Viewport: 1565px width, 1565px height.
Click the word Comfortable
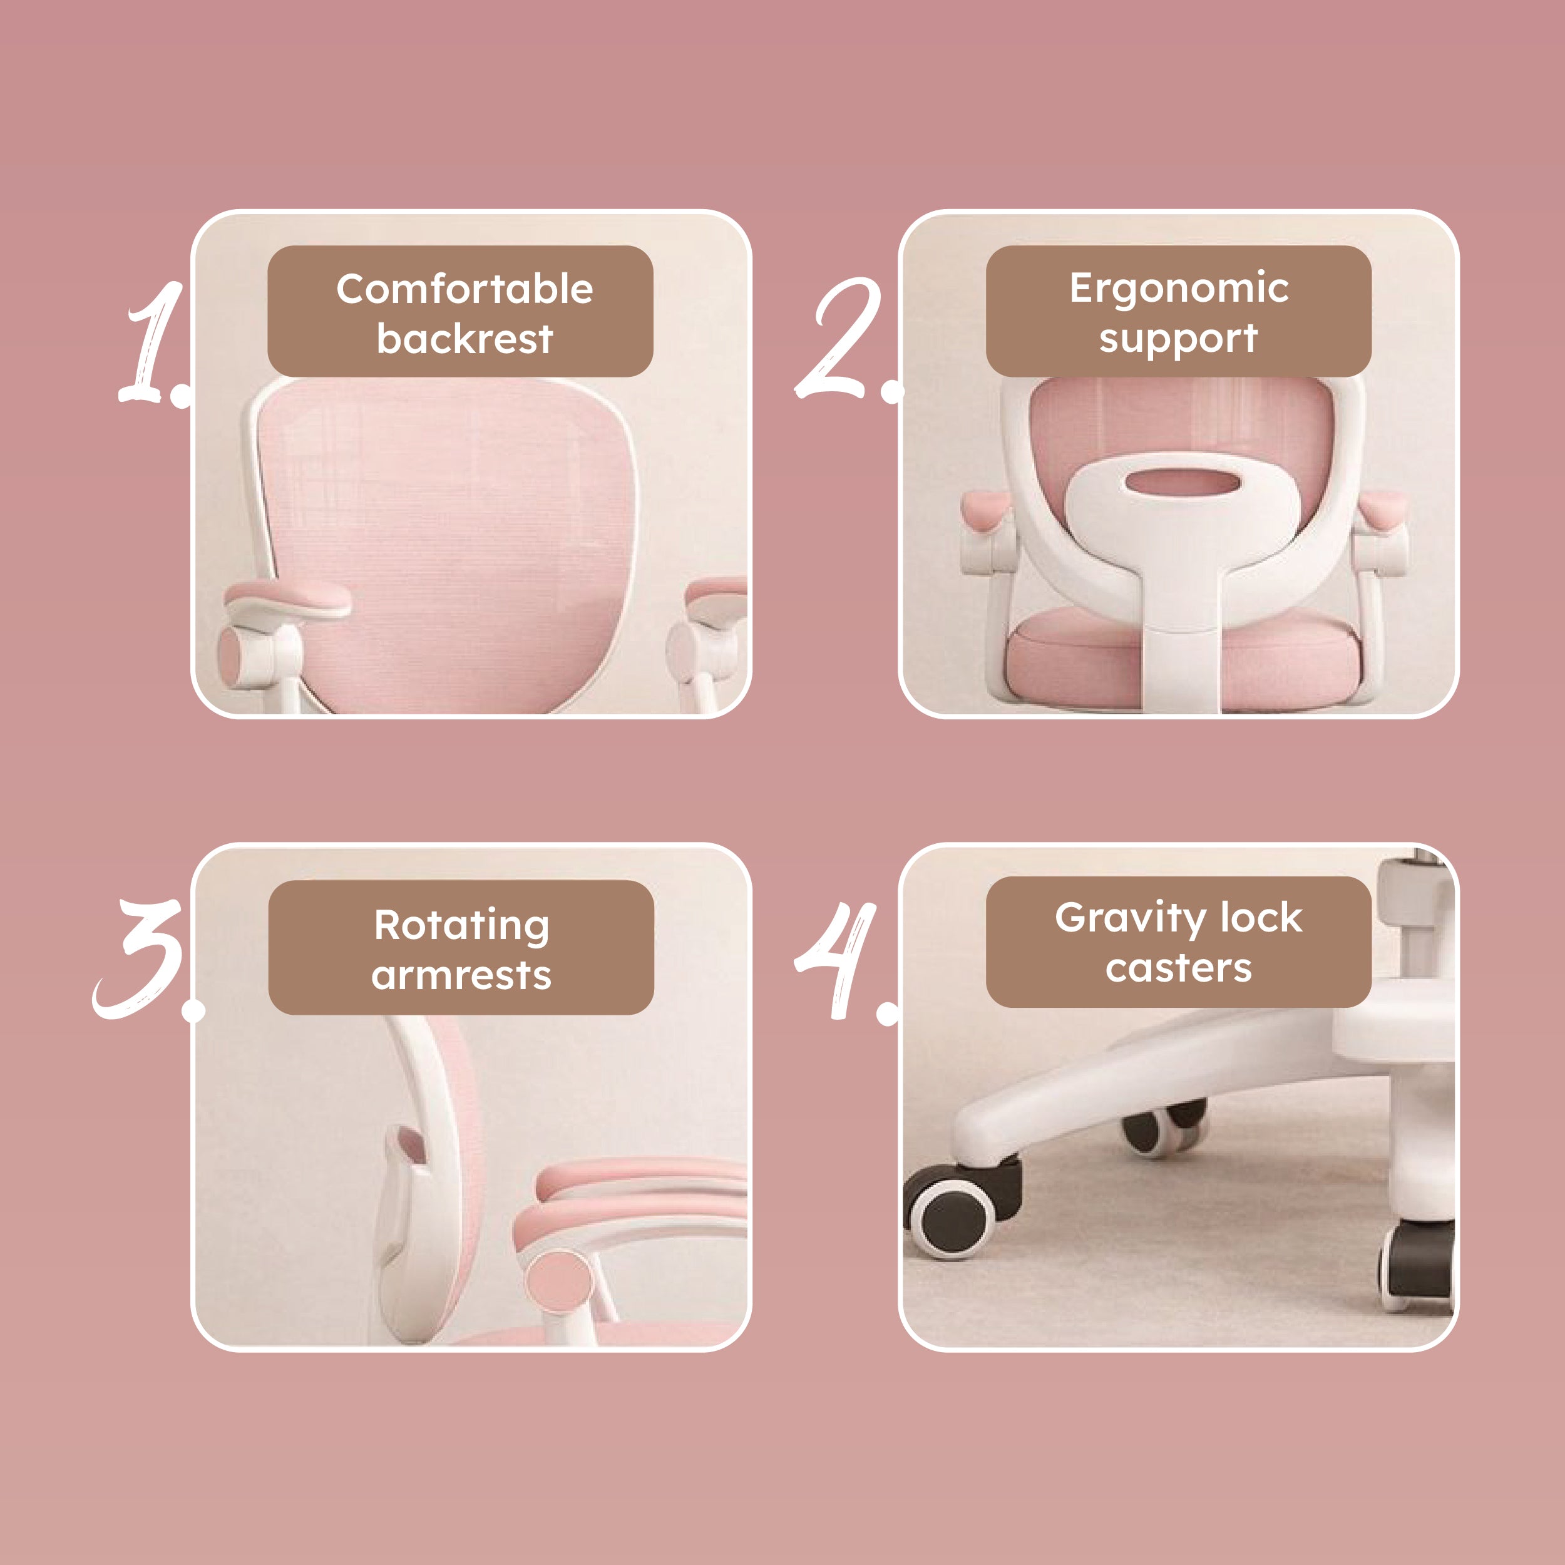point(465,289)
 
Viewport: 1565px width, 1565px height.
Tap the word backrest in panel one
point(465,338)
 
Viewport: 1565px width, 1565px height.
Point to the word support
point(1179,339)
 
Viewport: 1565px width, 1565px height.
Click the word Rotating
point(462,926)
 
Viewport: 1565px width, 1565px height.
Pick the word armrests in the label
point(462,975)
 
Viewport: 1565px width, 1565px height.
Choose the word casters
point(1179,968)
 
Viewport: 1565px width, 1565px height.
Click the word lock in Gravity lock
point(1262,917)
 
